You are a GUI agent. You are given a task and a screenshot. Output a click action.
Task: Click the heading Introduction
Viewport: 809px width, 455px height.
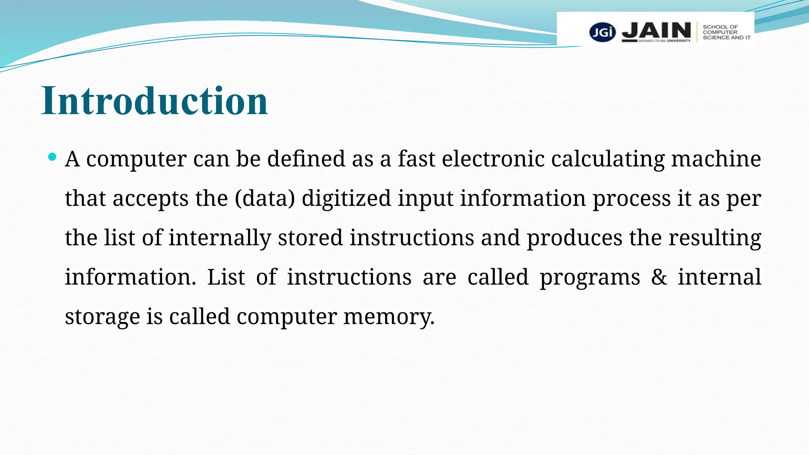tap(155, 101)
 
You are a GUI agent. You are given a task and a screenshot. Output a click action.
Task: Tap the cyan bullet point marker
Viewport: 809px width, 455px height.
tap(52, 157)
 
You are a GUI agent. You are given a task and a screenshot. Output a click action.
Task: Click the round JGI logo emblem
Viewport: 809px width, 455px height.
tap(602, 32)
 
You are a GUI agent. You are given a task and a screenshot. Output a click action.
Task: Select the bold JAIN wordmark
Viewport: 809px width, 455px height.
tap(657, 30)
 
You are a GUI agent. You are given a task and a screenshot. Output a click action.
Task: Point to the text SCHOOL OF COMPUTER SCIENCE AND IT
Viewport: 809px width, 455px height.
tap(726, 32)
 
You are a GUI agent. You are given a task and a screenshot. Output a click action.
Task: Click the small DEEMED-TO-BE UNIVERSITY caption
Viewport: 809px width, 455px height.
tap(664, 41)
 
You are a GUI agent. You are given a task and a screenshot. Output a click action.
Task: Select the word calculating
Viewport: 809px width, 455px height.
tap(608, 159)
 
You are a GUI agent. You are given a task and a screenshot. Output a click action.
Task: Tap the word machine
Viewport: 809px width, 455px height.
tap(716, 159)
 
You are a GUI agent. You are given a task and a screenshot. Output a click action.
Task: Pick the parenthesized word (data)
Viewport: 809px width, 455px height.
tap(265, 198)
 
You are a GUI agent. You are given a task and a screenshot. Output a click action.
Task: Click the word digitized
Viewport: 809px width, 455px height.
tap(346, 198)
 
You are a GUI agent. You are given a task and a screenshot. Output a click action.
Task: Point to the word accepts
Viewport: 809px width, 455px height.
tap(151, 198)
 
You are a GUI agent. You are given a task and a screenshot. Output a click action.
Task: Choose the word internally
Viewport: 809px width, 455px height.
tap(220, 238)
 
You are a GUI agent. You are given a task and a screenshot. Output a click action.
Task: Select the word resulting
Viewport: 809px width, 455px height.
tap(715, 238)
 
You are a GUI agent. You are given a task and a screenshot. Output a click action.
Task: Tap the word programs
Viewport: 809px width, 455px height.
tap(590, 277)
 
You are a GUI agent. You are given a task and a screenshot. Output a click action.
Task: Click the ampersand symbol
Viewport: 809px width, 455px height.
tap(659, 277)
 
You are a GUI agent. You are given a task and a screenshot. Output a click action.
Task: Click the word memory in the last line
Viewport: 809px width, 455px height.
tap(389, 317)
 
